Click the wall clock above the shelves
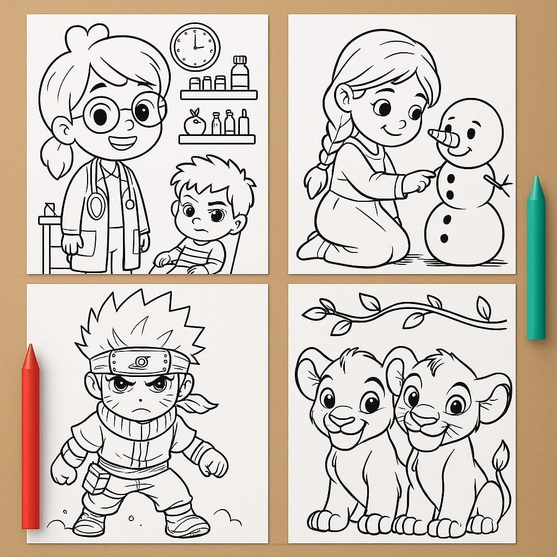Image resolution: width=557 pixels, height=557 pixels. pyautogui.click(x=195, y=47)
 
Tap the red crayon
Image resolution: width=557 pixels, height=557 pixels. pyautogui.click(x=30, y=435)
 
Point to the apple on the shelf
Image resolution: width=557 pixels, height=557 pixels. pyautogui.click(x=194, y=124)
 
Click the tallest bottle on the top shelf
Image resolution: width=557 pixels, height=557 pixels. pyautogui.click(x=239, y=73)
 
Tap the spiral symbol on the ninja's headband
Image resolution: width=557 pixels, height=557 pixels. pyautogui.click(x=143, y=361)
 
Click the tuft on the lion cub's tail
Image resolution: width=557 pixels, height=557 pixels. pyautogui.click(x=501, y=456)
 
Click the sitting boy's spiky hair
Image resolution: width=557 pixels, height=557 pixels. pyautogui.click(x=212, y=174)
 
